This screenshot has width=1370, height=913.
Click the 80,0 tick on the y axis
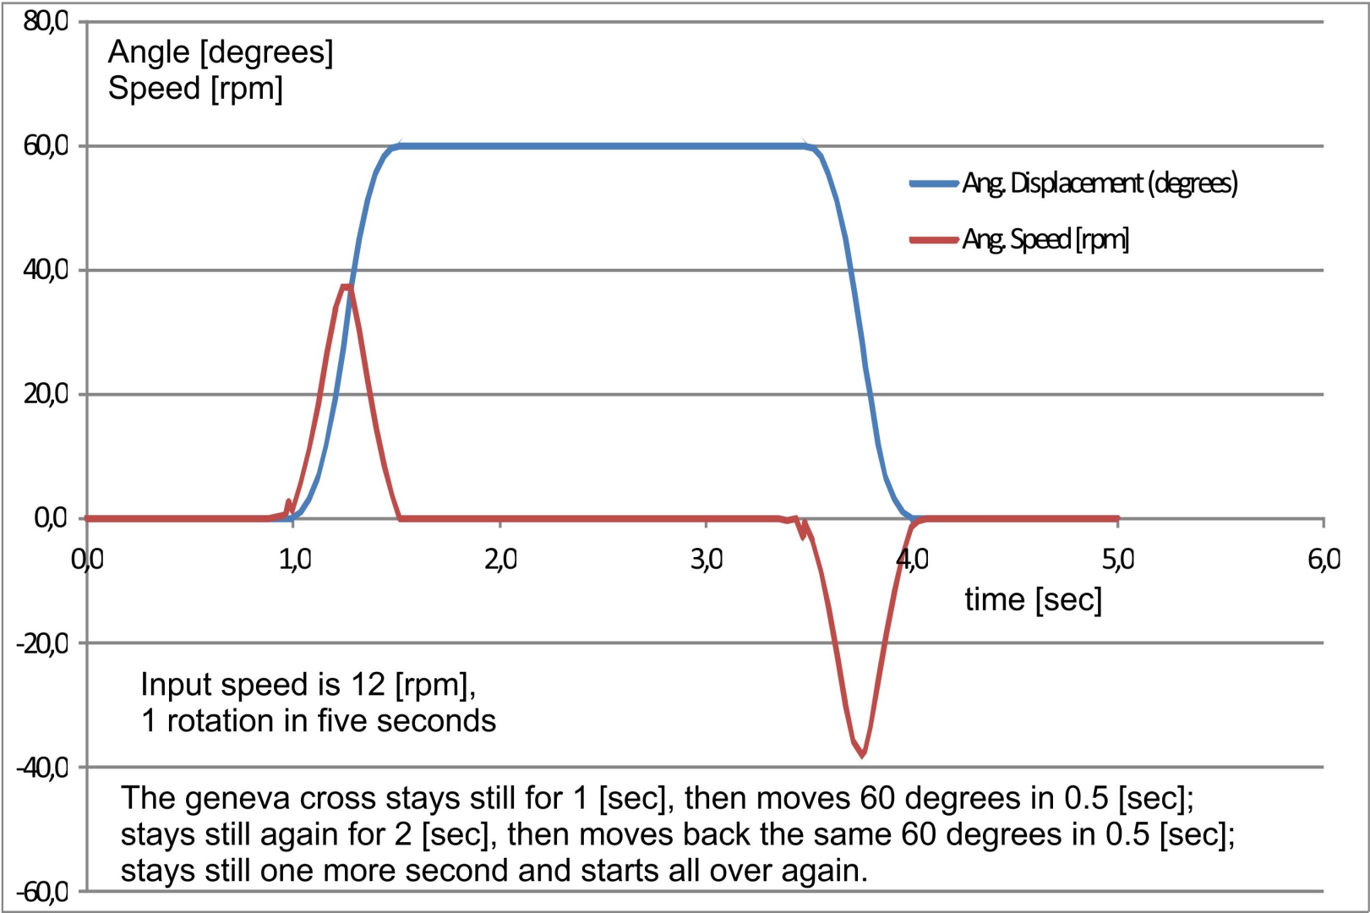click(x=46, y=21)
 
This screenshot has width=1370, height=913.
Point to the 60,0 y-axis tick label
click(x=46, y=145)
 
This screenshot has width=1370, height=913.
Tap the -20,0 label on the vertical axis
click(x=43, y=643)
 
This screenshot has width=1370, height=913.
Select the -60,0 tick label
click(x=43, y=892)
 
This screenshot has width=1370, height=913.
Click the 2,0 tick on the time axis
click(x=500, y=559)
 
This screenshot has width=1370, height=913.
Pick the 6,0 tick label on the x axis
click(x=1324, y=559)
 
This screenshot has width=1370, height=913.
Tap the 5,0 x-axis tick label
click(x=1117, y=559)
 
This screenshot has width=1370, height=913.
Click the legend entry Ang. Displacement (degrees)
click(x=1099, y=183)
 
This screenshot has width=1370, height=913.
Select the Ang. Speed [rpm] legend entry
click(x=1045, y=239)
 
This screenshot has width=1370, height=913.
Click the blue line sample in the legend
click(x=933, y=183)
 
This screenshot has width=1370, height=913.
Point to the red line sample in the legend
click(x=933, y=240)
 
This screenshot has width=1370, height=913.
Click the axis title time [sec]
click(x=1033, y=599)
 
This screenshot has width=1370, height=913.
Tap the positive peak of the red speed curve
click(x=345, y=287)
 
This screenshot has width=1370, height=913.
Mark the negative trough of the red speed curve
click(x=862, y=754)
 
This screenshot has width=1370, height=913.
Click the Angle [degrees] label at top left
click(x=221, y=52)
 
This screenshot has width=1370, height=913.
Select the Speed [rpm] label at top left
click(x=195, y=88)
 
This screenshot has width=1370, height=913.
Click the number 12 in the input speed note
click(x=368, y=684)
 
